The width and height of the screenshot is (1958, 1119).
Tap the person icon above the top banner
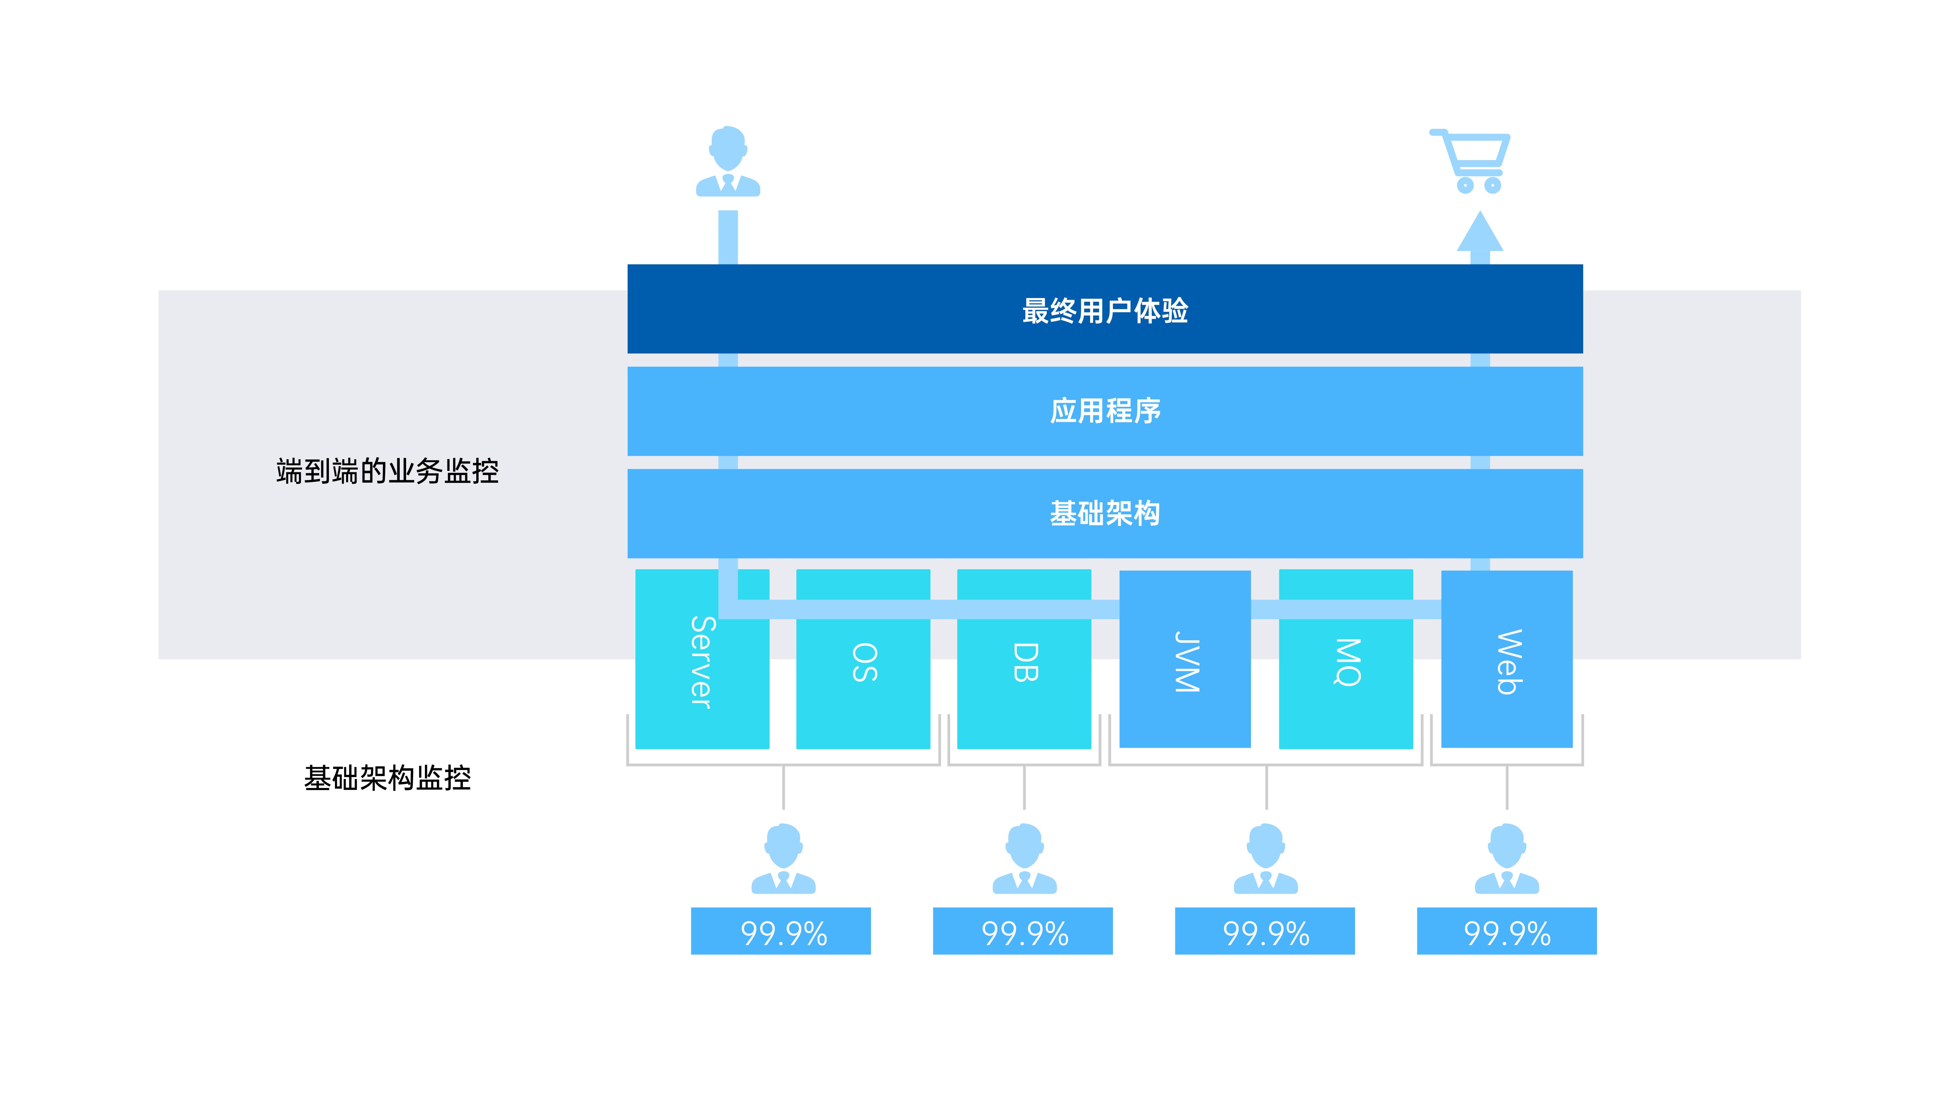[728, 161]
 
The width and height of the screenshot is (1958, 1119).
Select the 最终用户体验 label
[1105, 310]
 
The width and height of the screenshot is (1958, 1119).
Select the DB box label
[1025, 663]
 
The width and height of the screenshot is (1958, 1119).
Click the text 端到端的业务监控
[387, 471]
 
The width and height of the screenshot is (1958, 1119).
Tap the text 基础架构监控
[387, 778]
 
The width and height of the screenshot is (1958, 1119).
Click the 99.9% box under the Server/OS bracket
[781, 931]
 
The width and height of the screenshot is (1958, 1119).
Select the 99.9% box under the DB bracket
[1023, 931]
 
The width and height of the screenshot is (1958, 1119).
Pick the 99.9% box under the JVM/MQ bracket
[1265, 931]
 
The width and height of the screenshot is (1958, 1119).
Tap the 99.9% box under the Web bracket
[1507, 931]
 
